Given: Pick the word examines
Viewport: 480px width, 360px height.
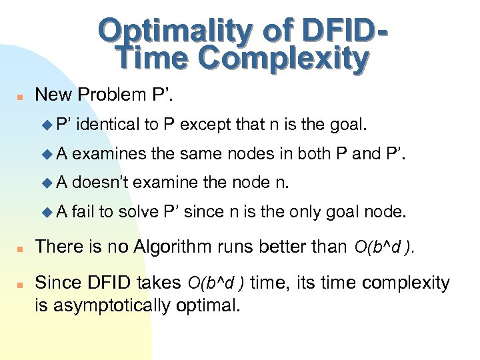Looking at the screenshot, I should pyautogui.click(x=109, y=153).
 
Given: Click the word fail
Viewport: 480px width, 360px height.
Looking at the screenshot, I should pyautogui.click(x=83, y=211).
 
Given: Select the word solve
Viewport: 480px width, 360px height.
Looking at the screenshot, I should pyautogui.click(x=137, y=211).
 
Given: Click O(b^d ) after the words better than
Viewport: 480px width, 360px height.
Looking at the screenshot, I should pyautogui.click(x=384, y=247).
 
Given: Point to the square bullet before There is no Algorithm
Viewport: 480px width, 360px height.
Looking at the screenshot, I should pyautogui.click(x=20, y=248).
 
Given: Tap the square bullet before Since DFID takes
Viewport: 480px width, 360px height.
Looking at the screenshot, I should pyautogui.click(x=20, y=284).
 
